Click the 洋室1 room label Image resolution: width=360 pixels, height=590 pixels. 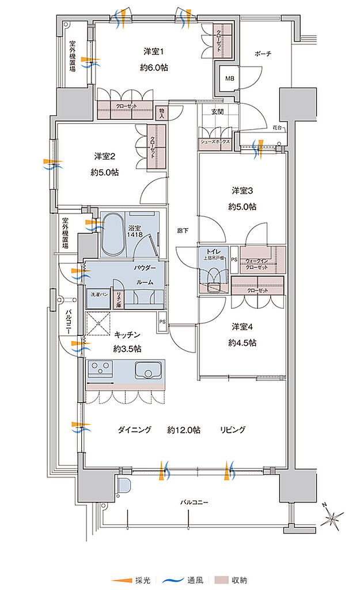click(x=154, y=52)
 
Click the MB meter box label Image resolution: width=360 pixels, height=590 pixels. click(x=229, y=78)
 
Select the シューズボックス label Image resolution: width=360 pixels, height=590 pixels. click(x=215, y=142)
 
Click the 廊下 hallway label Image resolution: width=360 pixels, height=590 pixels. click(x=183, y=230)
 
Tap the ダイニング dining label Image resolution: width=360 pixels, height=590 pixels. click(x=134, y=430)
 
